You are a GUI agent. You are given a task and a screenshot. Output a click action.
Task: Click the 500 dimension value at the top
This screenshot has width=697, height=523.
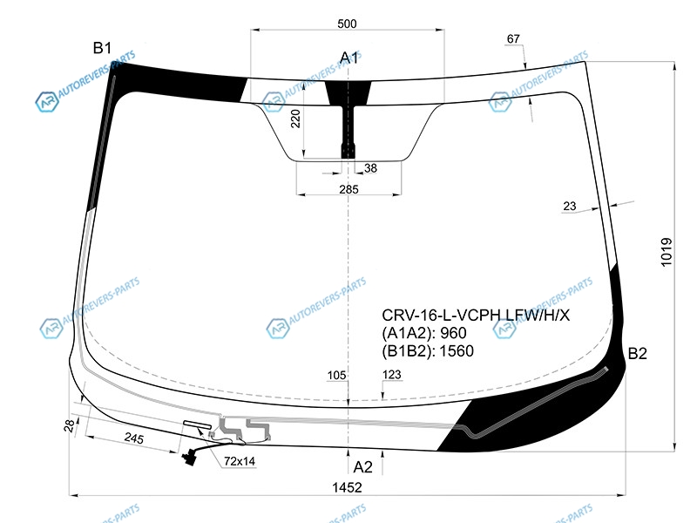[347, 24]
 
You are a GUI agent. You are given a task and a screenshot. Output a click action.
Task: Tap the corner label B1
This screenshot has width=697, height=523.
[102, 48]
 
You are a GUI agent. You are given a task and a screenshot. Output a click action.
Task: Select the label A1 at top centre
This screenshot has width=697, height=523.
[349, 58]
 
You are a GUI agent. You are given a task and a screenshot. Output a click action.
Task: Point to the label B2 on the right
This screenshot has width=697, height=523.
[637, 354]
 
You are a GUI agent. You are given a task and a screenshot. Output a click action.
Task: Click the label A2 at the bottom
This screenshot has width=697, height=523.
[362, 467]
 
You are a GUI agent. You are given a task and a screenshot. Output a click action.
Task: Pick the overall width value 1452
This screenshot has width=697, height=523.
[347, 487]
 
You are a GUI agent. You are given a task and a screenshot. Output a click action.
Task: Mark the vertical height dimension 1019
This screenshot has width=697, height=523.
[667, 252]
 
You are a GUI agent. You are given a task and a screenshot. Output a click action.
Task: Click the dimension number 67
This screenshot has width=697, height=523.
[513, 39]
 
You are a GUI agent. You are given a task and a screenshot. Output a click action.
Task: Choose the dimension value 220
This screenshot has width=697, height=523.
[295, 119]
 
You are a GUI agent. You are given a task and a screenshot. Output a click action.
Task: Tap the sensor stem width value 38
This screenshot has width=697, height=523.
[370, 168]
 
